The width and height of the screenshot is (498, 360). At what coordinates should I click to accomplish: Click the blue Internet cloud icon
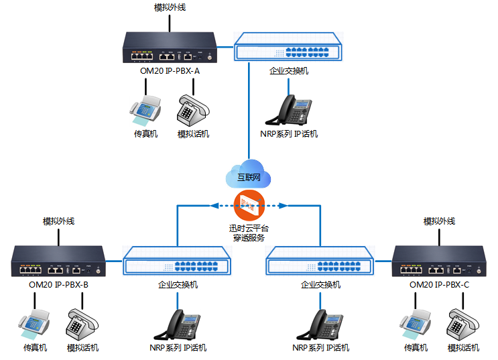248,174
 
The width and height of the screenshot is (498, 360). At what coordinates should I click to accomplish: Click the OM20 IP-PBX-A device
170,49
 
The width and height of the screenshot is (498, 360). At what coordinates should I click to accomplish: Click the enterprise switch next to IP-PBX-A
288,49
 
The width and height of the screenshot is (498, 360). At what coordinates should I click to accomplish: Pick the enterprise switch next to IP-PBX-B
178,263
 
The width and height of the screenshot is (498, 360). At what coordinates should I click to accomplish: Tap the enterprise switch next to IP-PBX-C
320,263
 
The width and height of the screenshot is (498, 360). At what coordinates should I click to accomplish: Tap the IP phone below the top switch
289,109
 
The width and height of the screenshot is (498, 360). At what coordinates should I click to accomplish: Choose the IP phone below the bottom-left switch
178,324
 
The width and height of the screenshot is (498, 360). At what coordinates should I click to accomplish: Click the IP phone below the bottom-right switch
321,324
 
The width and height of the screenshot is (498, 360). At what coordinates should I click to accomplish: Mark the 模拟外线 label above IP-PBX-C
439,221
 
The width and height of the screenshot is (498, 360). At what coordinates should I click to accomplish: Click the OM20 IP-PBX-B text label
60,284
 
